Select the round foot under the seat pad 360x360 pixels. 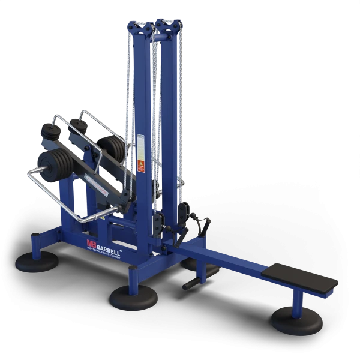point(292,319)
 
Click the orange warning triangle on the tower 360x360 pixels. point(142,163)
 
